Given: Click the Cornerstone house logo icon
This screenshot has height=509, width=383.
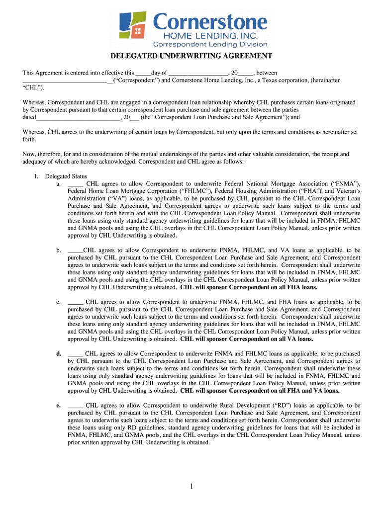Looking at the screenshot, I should (133, 26).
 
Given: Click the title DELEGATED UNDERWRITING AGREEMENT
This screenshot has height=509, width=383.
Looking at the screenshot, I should (191, 56).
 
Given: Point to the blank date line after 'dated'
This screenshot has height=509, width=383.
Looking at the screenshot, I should (78, 118).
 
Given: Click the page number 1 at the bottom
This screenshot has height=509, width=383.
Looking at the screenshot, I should (191, 486).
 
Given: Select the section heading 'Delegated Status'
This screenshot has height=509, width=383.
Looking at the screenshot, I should (66, 176).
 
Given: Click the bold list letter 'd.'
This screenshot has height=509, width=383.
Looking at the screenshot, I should (58, 354).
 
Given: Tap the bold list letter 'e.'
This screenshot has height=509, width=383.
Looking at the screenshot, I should (58, 406).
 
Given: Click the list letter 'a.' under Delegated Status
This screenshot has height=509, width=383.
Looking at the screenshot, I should (59, 184).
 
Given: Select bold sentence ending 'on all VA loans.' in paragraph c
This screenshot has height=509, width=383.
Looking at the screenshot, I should (247, 339).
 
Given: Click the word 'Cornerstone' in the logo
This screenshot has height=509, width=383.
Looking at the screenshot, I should (210, 22).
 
